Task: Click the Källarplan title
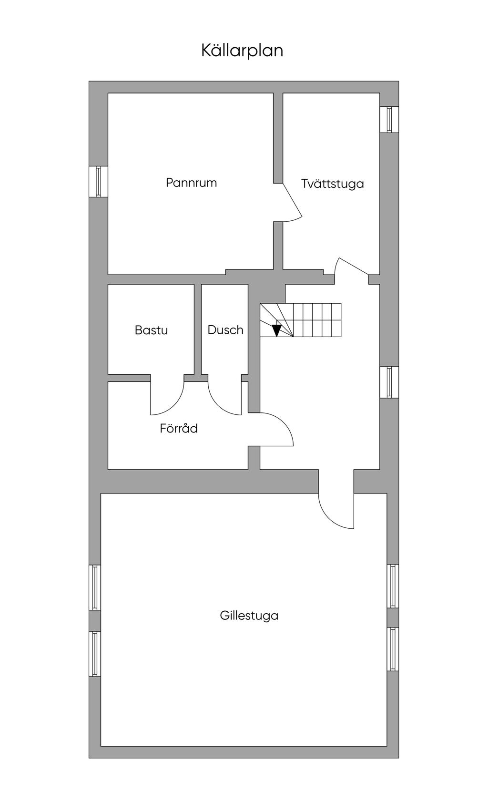tap(242, 50)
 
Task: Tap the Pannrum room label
tap(191, 183)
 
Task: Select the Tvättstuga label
tap(332, 184)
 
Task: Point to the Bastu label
tap(151, 330)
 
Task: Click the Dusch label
tap(225, 330)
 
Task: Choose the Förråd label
tap(179, 428)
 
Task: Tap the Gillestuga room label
tap(249, 616)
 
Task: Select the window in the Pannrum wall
tap(98, 181)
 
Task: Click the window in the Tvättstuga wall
tap(389, 119)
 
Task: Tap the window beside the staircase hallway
tap(389, 382)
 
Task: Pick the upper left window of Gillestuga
tap(95, 587)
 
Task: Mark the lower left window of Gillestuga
tap(95, 654)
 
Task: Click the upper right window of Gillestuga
tap(392, 586)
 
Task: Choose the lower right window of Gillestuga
tap(392, 649)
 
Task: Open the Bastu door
tap(167, 398)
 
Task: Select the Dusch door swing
tap(225, 398)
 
